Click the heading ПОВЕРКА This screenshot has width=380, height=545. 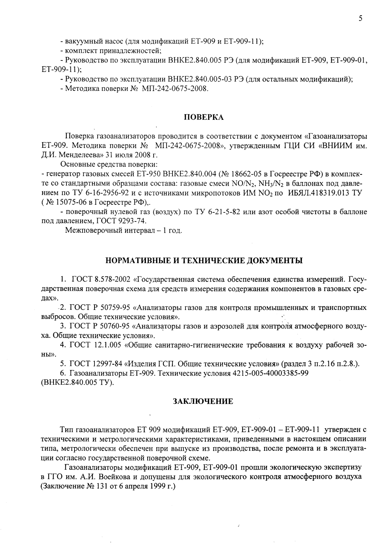[x=204, y=117]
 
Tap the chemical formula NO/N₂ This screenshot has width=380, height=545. [x=244, y=183]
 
